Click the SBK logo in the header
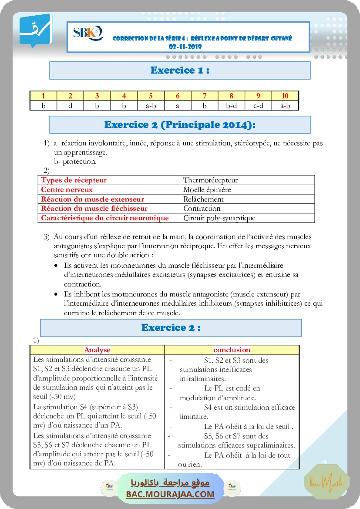tap(88, 34)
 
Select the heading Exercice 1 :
tap(180, 71)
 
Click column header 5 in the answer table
tap(151, 96)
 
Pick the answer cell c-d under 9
tap(258, 105)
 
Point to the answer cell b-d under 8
tap(231, 105)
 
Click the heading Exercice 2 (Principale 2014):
tap(180, 125)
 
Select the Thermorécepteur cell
tap(211, 180)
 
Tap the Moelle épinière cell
tap(207, 189)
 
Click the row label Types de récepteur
tap(74, 180)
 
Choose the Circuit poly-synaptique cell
tap(219, 218)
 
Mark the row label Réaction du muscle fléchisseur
tap(94, 209)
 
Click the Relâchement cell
tap(203, 199)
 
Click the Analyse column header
tap(97, 350)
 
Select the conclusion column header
tap(232, 350)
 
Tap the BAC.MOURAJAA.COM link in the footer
tap(170, 494)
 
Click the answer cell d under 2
tap(70, 105)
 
